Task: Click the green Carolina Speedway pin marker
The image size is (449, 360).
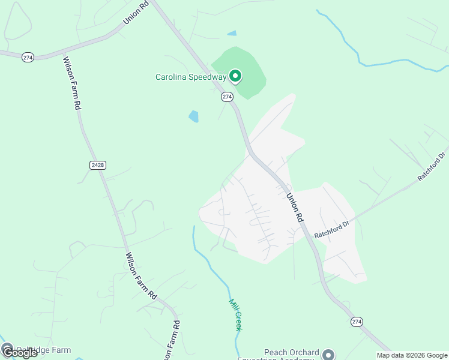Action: [236, 76]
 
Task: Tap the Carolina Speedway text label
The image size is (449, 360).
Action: [191, 77]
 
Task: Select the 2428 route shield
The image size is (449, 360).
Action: [98, 165]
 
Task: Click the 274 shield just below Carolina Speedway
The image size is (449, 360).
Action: [227, 97]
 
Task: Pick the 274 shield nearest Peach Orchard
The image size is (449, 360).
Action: [357, 322]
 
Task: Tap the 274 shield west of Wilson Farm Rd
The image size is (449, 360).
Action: [28, 57]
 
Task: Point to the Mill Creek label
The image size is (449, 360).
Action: [235, 315]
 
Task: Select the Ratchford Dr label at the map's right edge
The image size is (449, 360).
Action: [433, 169]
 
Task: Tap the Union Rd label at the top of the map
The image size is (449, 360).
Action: [135, 13]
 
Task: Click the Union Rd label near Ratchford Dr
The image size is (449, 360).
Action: [294, 208]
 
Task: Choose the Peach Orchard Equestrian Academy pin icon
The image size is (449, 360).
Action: [328, 354]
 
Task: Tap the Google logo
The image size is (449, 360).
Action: [19, 353]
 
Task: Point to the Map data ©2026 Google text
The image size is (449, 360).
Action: [412, 355]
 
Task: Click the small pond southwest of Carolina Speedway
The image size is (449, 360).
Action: [193, 116]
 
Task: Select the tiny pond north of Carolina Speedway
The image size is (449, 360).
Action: [232, 33]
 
